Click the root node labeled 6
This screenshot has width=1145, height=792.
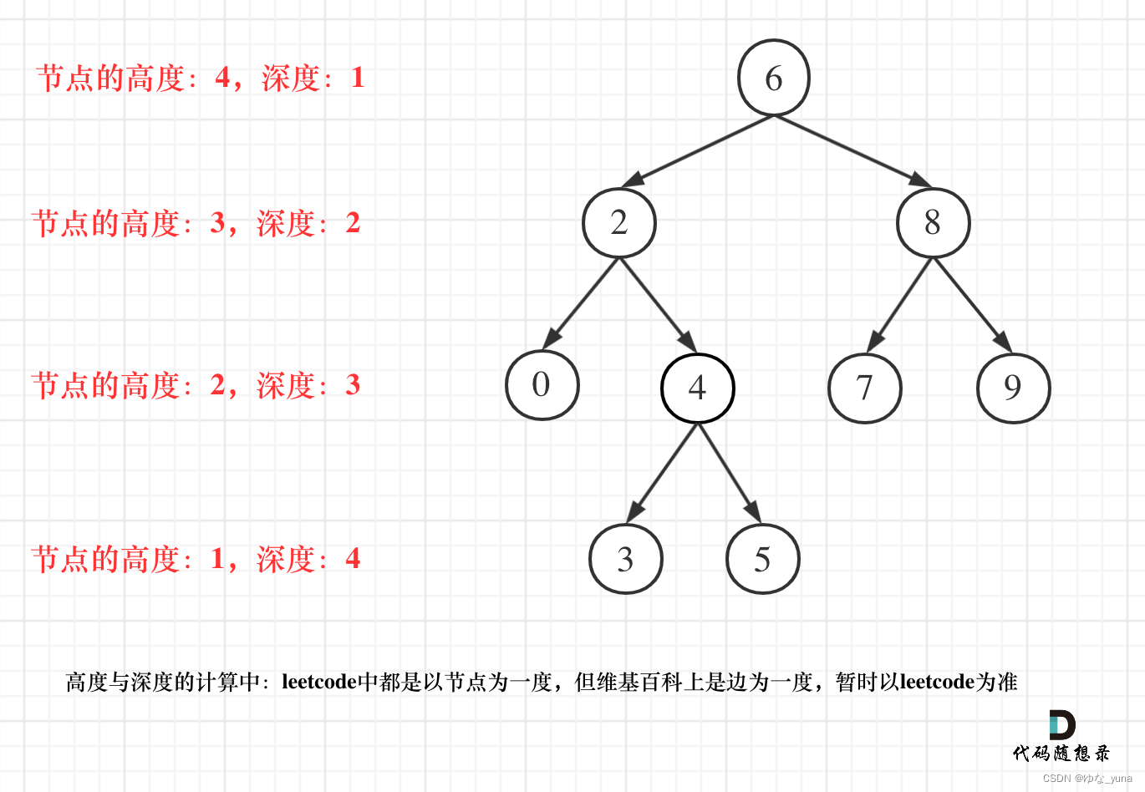773,78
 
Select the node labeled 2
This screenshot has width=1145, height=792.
618,223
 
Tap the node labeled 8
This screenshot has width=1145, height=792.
933,223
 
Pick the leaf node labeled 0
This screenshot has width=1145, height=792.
542,385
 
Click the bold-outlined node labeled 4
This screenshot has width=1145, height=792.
697,388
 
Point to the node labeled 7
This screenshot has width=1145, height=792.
864,388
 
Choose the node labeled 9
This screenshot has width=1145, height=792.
1013,388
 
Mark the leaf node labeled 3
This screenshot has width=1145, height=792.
625,559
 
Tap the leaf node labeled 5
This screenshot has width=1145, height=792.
762,559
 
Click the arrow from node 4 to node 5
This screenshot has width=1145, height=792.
729,473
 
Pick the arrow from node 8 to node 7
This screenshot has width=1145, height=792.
899,305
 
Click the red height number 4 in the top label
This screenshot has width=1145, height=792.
222,78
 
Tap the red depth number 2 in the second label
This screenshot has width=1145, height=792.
353,223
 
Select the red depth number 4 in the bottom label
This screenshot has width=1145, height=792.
353,558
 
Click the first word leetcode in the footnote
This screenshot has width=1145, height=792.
319,682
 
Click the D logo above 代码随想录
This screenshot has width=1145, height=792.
1061,725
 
